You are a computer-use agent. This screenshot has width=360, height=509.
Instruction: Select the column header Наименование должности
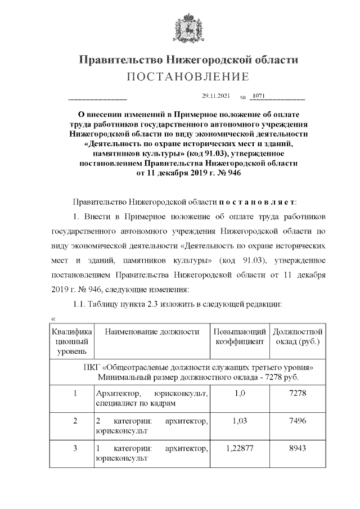(x=152, y=332)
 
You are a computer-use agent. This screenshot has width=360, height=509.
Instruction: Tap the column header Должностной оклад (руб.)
(x=297, y=336)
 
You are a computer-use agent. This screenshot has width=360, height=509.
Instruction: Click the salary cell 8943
(x=297, y=449)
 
